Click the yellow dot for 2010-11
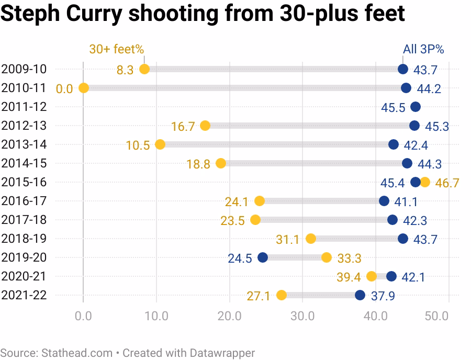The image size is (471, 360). pyautogui.click(x=83, y=88)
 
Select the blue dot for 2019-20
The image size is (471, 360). pyautogui.click(x=263, y=257)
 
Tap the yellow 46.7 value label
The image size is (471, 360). pyautogui.click(x=446, y=183)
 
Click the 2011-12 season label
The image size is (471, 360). pyautogui.click(x=24, y=107)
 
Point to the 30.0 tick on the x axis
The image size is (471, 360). pyautogui.click(x=302, y=316)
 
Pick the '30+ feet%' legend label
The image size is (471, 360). pyautogui.click(x=116, y=49)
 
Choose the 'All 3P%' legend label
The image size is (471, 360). pyautogui.click(x=423, y=49)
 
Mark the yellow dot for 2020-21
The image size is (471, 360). pyautogui.click(x=372, y=276)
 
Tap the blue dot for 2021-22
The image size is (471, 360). pyautogui.click(x=360, y=295)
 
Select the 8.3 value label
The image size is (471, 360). pyautogui.click(x=125, y=70)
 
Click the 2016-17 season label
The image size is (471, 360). pyautogui.click(x=24, y=201)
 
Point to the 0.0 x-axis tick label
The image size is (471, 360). pyautogui.click(x=83, y=316)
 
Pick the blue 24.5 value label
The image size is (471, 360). pyautogui.click(x=240, y=258)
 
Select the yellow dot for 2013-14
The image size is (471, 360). pyautogui.click(x=160, y=144)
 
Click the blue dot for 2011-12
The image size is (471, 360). pyautogui.click(x=416, y=107)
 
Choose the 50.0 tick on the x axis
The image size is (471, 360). pyautogui.click(x=438, y=316)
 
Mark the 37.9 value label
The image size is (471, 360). pyautogui.click(x=383, y=296)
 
